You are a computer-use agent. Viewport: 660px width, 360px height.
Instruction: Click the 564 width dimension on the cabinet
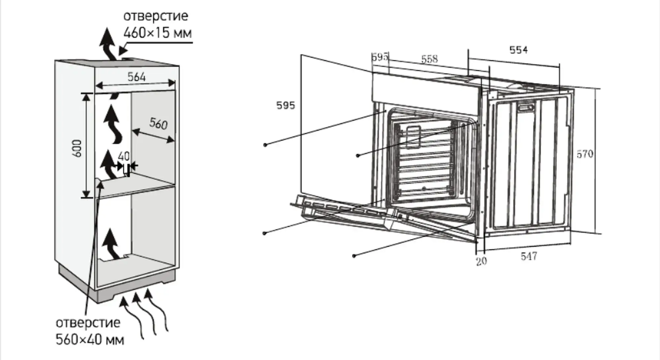click(136, 77)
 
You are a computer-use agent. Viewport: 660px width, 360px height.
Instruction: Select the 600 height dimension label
click(77, 148)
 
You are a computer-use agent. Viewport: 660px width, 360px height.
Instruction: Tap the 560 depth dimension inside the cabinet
click(158, 124)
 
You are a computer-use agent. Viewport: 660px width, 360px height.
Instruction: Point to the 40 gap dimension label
click(124, 156)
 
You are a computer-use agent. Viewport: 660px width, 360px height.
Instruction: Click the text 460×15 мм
click(157, 33)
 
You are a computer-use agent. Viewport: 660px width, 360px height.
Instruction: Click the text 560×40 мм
click(90, 340)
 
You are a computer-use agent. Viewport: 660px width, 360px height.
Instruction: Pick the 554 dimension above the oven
click(518, 50)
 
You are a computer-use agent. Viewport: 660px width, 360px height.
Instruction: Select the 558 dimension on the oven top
click(429, 59)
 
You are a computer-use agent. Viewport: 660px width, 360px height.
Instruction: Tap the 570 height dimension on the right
click(585, 154)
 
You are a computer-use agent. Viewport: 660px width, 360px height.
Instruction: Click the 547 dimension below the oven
click(529, 256)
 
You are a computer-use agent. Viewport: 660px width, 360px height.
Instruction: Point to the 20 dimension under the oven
click(481, 261)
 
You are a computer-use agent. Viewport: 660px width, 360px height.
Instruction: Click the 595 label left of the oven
click(285, 106)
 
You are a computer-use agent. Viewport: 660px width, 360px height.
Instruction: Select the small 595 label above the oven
click(380, 57)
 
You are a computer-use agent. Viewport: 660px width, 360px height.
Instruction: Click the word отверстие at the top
click(155, 16)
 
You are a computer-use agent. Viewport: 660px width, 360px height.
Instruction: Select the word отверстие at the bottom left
click(88, 323)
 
